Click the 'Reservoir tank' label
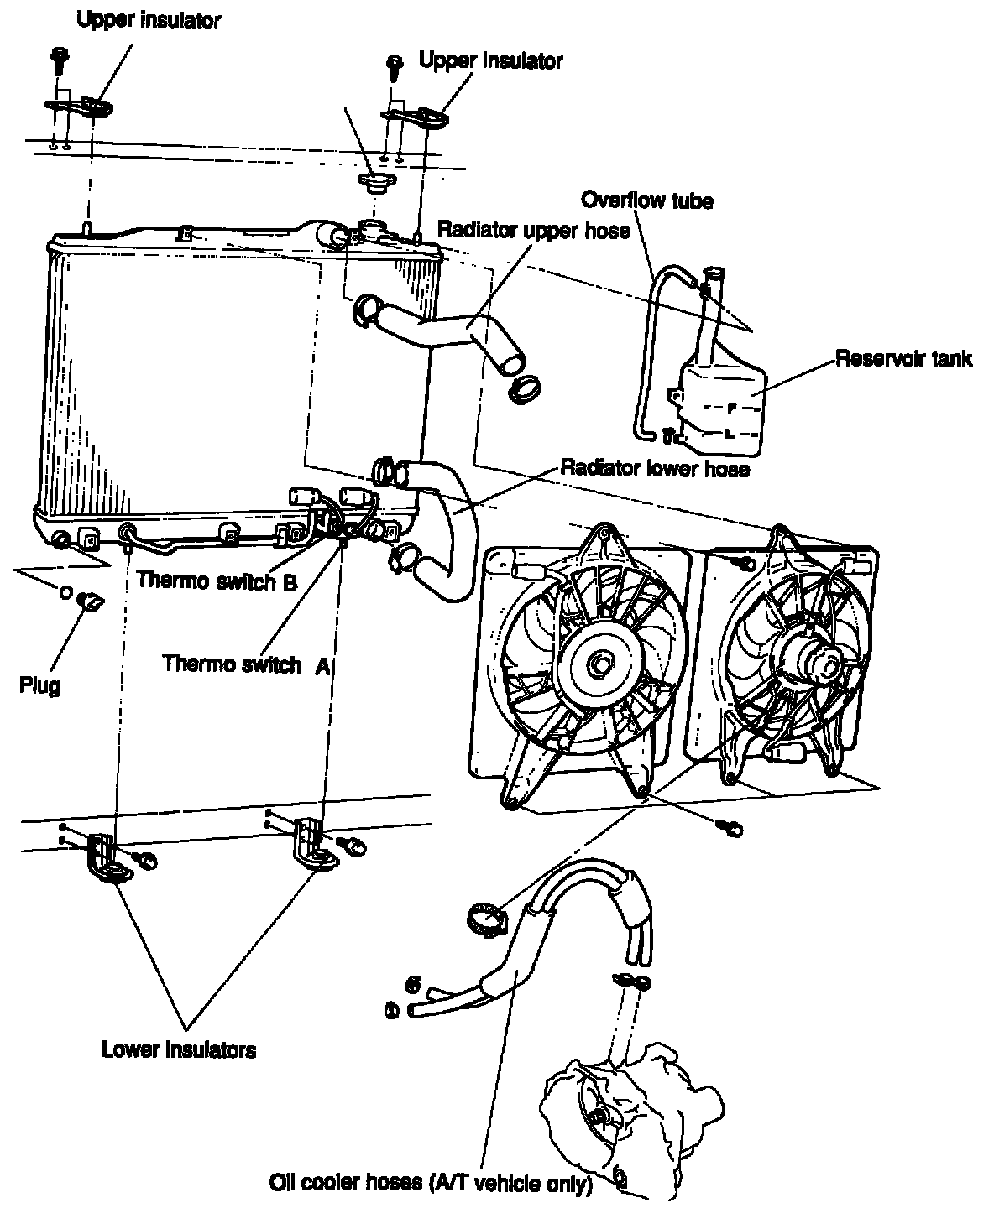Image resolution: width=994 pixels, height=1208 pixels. coord(903,359)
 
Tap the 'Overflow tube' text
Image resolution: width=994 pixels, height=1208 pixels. coord(647,200)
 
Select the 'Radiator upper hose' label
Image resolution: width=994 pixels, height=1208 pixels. coord(533,230)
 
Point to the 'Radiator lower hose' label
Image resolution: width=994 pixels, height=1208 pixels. coord(655,468)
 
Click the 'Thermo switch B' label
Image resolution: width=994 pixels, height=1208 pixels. coord(217,580)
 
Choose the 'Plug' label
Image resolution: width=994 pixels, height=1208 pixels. coord(39,685)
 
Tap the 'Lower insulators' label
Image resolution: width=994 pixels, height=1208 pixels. coord(179,1049)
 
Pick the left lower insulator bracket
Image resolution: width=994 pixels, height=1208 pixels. coord(107,860)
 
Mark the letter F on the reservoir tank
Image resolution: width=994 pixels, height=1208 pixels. coord(731,408)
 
